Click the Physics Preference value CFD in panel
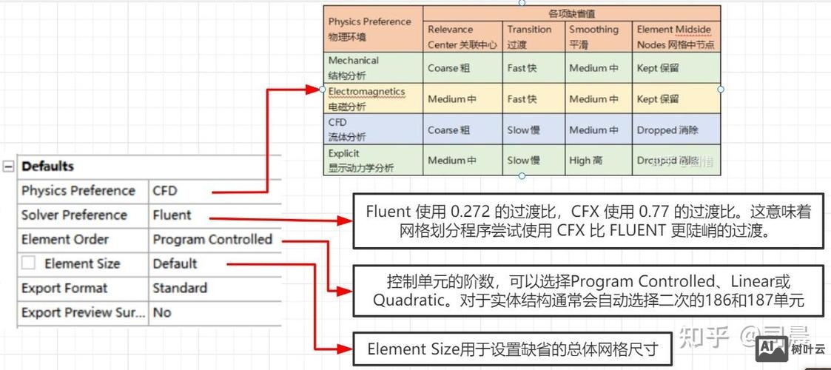click(x=165, y=191)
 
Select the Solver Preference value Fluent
click(x=172, y=215)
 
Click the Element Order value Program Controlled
click(x=212, y=240)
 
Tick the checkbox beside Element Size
click(x=29, y=263)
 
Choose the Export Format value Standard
click(x=180, y=288)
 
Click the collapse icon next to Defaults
click(x=8, y=166)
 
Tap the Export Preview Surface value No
click(x=161, y=312)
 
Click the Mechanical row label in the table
click(x=353, y=67)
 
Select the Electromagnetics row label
click(x=366, y=98)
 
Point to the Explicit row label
click(x=344, y=160)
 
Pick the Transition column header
click(x=529, y=37)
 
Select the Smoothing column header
click(x=593, y=37)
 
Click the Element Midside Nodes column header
click(x=674, y=37)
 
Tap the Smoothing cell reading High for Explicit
click(x=585, y=161)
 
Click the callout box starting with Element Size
click(x=511, y=349)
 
